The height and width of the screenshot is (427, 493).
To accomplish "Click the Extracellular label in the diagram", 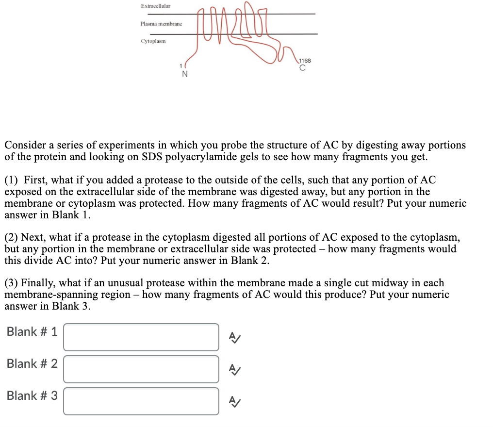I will [x=155, y=6].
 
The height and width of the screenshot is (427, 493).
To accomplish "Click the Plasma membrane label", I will [x=161, y=24].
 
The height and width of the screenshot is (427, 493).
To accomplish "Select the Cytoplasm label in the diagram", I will [x=153, y=41].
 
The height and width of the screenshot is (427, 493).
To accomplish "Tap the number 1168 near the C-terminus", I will [x=305, y=61].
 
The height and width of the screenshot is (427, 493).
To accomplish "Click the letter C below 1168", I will [x=302, y=68].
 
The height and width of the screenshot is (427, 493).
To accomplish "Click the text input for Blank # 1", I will [x=141, y=337].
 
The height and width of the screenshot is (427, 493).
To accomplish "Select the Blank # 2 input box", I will [x=141, y=369].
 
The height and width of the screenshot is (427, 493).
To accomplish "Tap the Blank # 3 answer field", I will [x=141, y=401].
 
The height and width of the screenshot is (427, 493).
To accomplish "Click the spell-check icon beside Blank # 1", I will [x=234, y=337].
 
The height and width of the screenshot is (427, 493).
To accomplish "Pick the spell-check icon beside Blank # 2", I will [x=234, y=369].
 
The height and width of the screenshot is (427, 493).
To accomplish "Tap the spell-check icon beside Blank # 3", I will [x=234, y=401].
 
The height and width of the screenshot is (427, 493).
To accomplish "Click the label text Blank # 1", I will [x=32, y=332].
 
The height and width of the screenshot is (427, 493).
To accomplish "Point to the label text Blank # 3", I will [x=32, y=396].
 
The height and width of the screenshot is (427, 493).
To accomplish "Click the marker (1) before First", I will [x=12, y=180].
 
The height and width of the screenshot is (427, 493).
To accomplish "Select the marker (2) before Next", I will [x=12, y=237].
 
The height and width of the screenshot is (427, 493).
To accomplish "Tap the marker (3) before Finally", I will [x=12, y=283].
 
